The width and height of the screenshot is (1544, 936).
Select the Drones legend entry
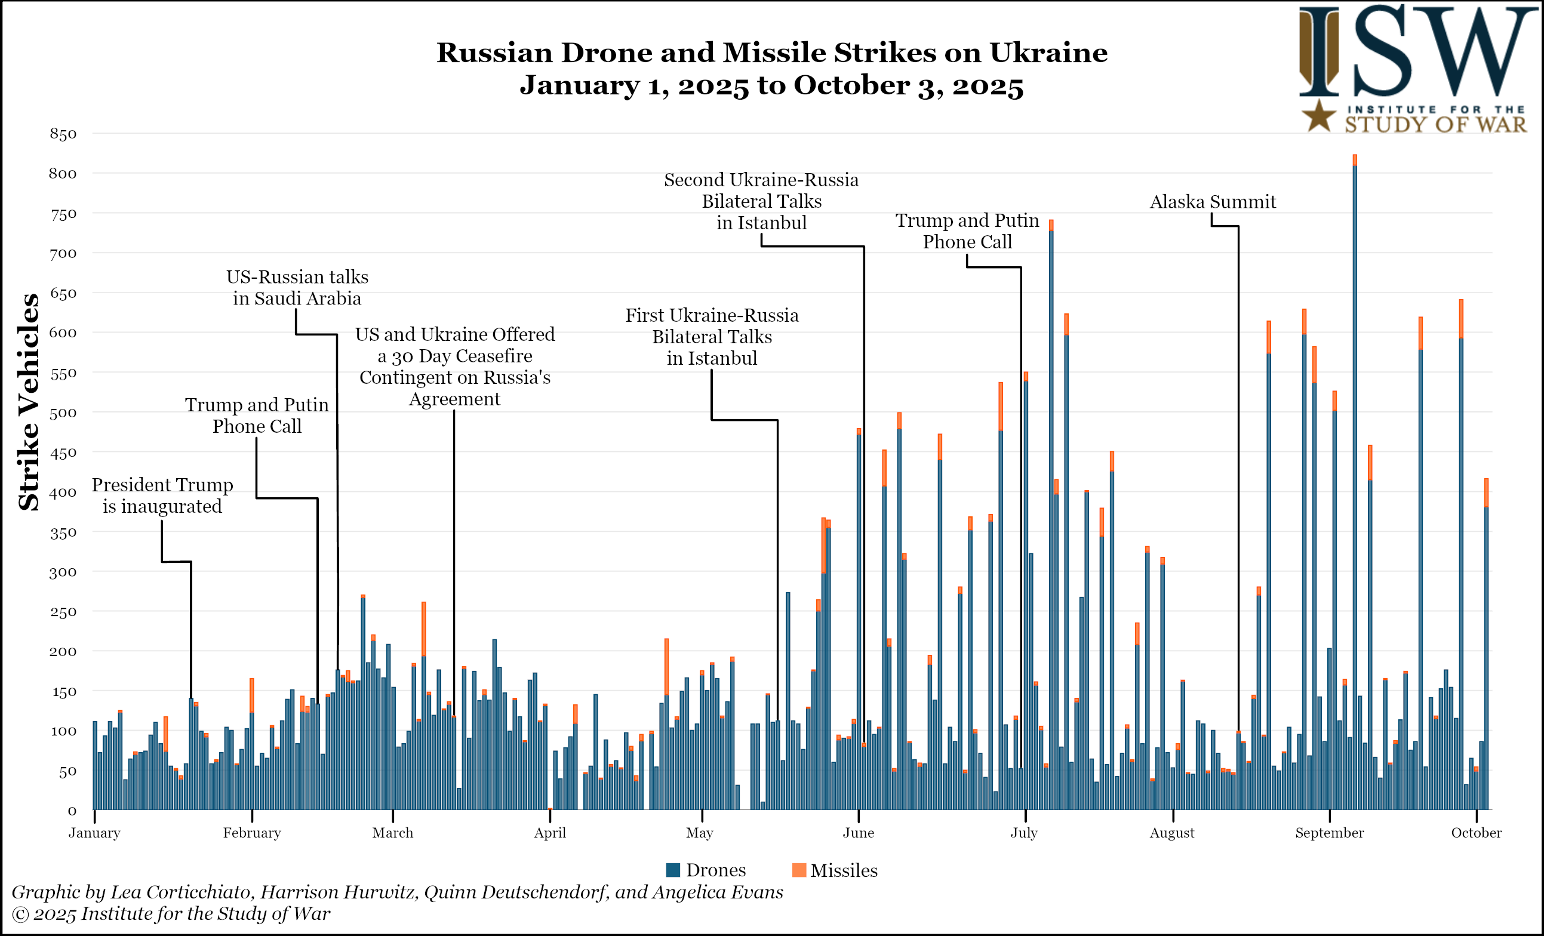[x=706, y=870]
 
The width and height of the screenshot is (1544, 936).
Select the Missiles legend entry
[x=835, y=870]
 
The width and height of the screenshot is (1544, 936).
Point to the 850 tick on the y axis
[x=63, y=134]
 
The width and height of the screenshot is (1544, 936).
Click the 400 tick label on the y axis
[x=63, y=492]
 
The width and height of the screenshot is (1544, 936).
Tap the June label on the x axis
[x=859, y=833]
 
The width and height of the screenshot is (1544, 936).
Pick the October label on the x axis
[x=1476, y=833]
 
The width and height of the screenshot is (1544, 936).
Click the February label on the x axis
[x=252, y=833]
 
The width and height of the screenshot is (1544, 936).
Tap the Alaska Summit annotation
[x=1213, y=202]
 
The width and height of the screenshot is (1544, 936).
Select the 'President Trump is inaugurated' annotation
[x=162, y=495]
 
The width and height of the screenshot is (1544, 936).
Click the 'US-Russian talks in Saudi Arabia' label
[x=297, y=288]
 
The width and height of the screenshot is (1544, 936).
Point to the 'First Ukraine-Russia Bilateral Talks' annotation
[x=712, y=337]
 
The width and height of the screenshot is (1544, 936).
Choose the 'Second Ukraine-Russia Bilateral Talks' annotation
[x=761, y=201]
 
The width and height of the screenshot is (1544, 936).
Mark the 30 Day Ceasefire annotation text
[x=455, y=367]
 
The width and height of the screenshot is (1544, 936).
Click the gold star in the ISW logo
[x=1319, y=116]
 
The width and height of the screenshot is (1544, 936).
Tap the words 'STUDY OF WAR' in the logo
[x=1435, y=125]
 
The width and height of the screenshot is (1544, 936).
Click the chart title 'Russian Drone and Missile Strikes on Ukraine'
[x=771, y=53]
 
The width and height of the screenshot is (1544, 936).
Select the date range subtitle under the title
[x=771, y=85]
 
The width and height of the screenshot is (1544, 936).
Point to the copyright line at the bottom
[x=171, y=913]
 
